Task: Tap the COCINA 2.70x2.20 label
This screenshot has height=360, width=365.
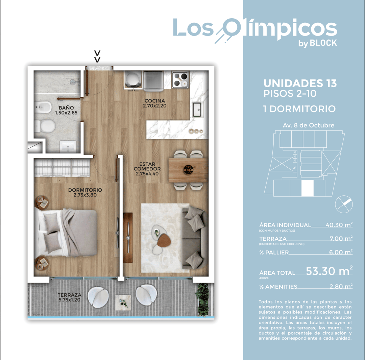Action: [x=154, y=103]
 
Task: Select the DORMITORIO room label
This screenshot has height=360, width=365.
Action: [x=85, y=192]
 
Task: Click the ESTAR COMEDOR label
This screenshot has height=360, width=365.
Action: [x=147, y=169]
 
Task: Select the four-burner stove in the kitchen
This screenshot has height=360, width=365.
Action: [x=179, y=79]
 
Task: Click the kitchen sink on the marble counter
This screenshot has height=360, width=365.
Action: [x=197, y=109]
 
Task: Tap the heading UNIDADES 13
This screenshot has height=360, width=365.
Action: [x=300, y=83]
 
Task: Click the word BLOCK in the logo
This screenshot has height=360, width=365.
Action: [x=323, y=43]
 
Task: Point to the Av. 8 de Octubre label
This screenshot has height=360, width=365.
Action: [x=308, y=125]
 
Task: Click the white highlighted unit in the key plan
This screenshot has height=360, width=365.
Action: [x=308, y=188]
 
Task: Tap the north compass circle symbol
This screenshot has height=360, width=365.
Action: [x=344, y=204]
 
